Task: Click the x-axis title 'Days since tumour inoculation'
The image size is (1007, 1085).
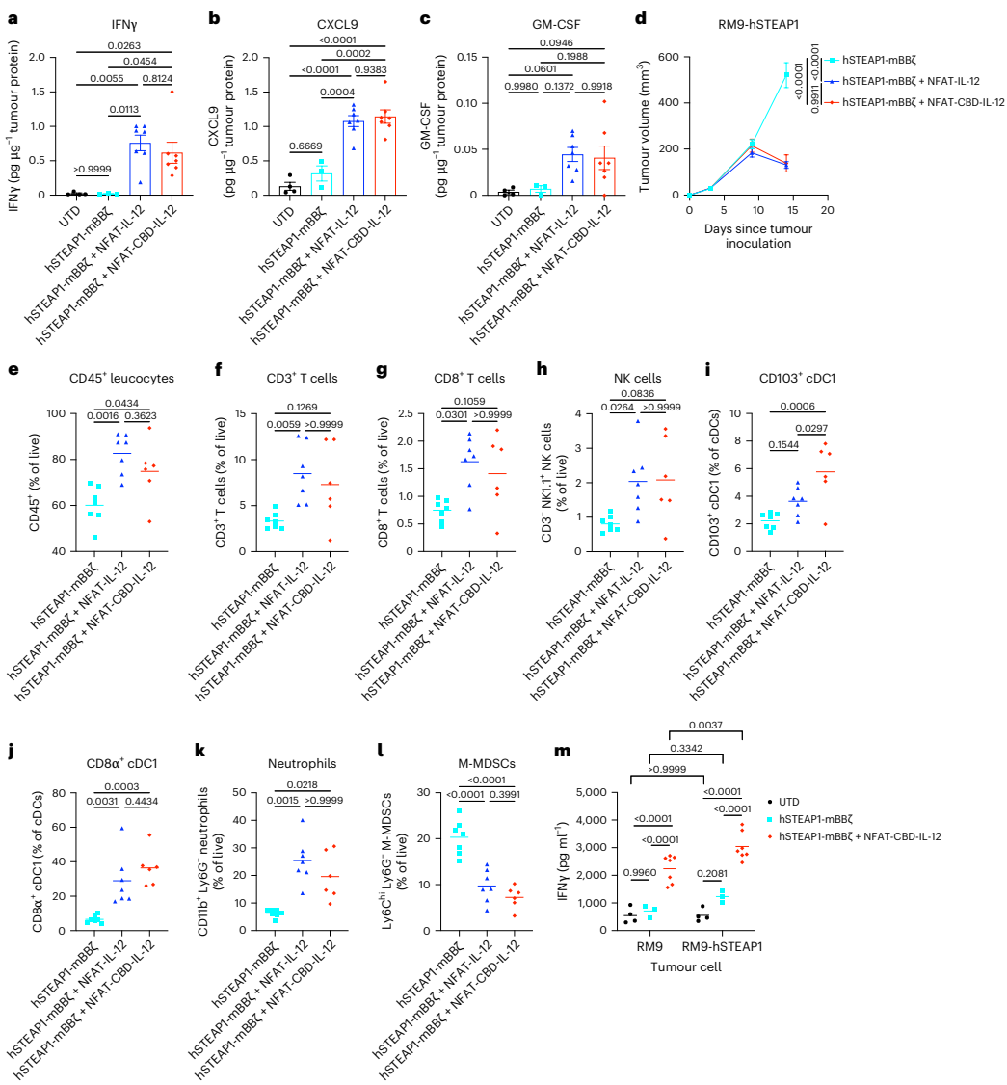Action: [x=756, y=235]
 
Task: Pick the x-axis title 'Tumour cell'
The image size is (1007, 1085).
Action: [x=684, y=966]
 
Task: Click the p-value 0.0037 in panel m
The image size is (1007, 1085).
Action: [x=701, y=726]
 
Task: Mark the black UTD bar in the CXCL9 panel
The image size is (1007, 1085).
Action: [x=284, y=190]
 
